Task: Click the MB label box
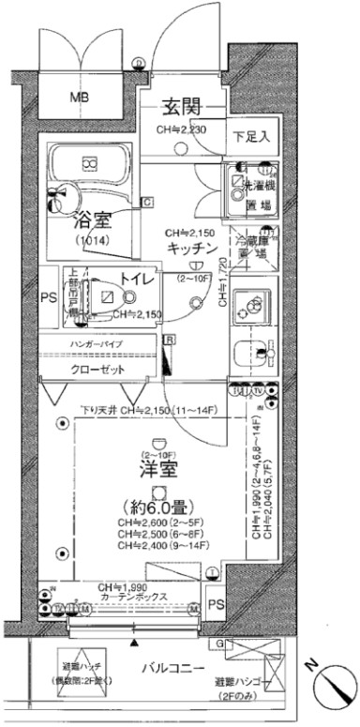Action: click(x=79, y=97)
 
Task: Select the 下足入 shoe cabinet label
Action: click(x=250, y=136)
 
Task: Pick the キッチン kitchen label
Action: click(x=193, y=248)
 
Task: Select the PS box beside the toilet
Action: click(x=49, y=299)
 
